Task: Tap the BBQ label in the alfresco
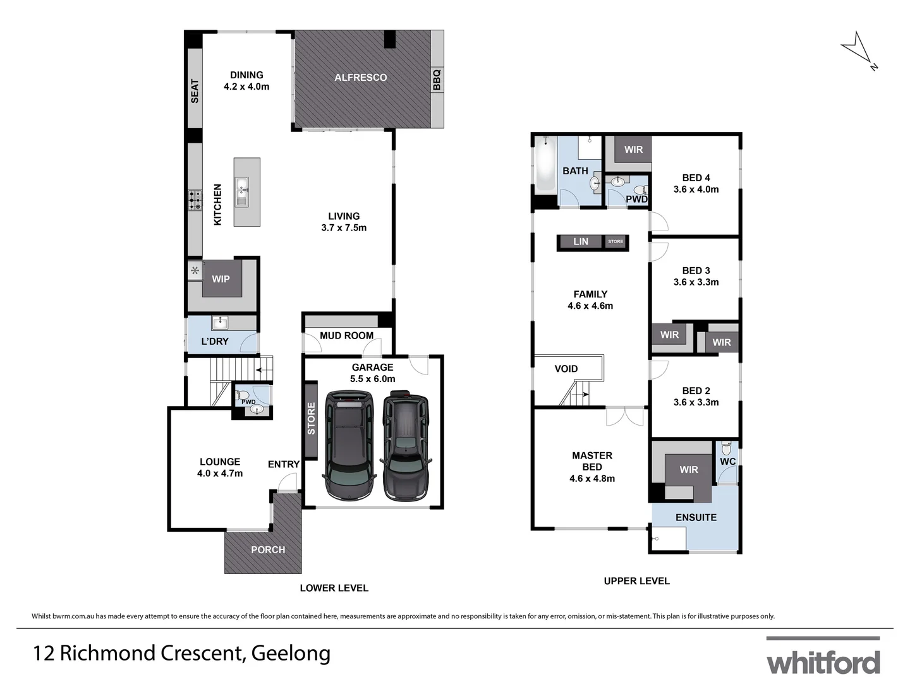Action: [436, 80]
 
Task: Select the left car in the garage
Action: [348, 445]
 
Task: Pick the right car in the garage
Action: [406, 446]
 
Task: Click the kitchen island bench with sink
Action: [246, 191]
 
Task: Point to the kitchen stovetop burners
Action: [194, 200]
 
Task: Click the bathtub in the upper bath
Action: [545, 168]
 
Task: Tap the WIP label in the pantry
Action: [221, 279]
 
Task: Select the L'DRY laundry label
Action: [215, 341]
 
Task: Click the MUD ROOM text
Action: [346, 335]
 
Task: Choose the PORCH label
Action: [268, 549]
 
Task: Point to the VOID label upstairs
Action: [566, 369]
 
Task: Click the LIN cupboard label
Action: [580, 242]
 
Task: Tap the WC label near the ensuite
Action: [727, 461]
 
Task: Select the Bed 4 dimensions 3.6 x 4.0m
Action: [696, 189]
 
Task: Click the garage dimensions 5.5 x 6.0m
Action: [372, 379]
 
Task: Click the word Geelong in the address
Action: [291, 653]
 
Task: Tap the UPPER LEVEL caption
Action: [636, 581]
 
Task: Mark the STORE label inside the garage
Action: [311, 419]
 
